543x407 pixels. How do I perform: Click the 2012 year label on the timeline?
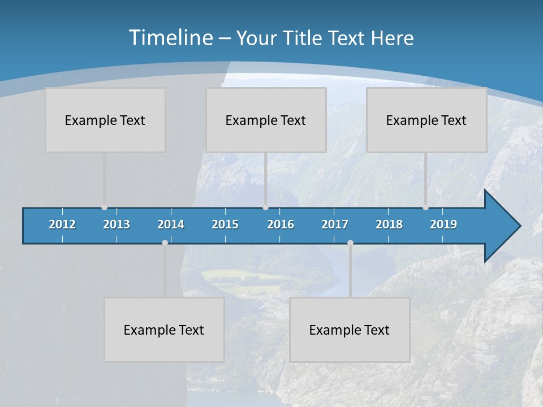coord(62,224)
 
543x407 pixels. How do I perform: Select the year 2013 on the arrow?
coord(117,224)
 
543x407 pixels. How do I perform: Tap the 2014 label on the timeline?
coord(171,224)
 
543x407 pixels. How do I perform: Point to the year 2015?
coord(225,224)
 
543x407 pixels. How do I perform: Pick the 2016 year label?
coord(281,224)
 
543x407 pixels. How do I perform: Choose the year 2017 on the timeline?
coord(335,224)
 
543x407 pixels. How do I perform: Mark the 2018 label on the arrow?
coord(389,224)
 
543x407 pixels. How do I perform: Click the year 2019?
coord(443,224)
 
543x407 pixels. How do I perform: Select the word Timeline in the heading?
coord(170,38)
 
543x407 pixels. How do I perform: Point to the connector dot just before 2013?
coord(104,207)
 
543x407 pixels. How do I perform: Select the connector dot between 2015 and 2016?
coord(265,207)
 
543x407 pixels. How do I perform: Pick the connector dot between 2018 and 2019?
coord(425,207)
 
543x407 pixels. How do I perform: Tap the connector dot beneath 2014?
coord(165,243)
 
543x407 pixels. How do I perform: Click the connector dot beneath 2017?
coord(350,243)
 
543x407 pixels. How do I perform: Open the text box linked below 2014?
coord(164,330)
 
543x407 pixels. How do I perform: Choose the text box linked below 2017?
coord(350,330)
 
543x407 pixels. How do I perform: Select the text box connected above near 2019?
coord(426,120)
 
